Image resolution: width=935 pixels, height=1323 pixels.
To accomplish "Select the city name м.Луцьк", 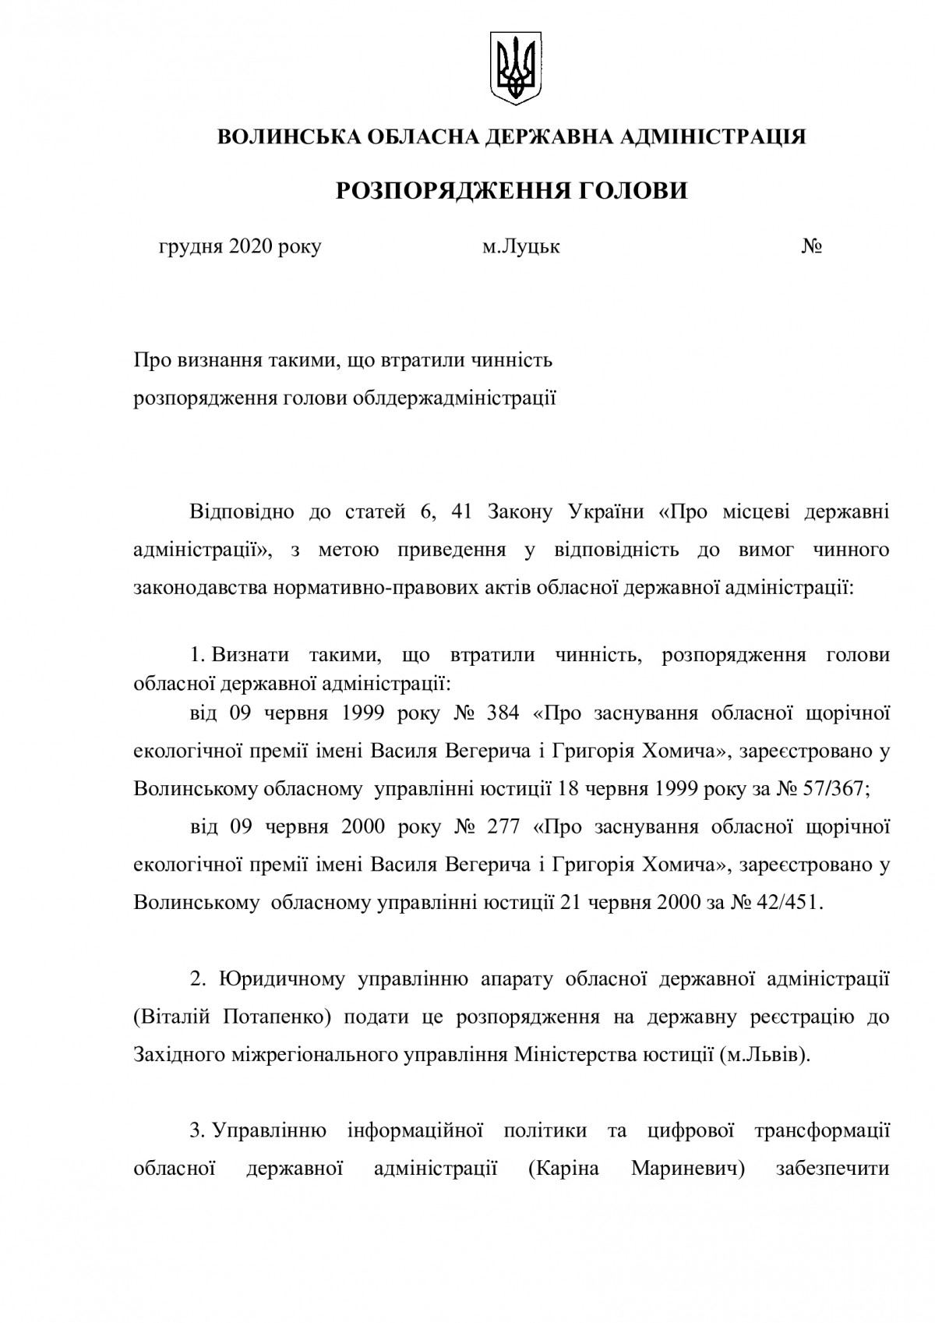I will (x=521, y=247).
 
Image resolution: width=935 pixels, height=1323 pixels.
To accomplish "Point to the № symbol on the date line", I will (x=813, y=247).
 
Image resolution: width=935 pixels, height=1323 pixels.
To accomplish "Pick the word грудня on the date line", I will (x=187, y=247).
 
